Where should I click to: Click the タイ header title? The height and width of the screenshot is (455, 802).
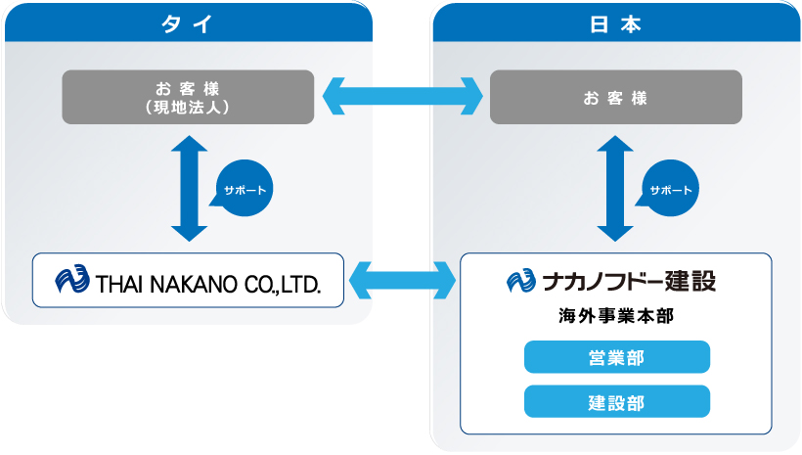(x=187, y=24)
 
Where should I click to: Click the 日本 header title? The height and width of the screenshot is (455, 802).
(x=615, y=24)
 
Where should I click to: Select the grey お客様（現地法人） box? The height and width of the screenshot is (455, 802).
(x=188, y=97)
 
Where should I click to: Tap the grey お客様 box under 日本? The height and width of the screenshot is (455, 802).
(x=616, y=97)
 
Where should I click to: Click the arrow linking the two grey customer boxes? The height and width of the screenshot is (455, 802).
(x=403, y=96)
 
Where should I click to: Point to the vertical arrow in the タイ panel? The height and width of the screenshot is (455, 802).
(x=189, y=188)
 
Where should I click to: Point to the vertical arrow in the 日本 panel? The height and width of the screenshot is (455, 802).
(x=615, y=188)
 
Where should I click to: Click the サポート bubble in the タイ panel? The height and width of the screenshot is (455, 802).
(x=243, y=188)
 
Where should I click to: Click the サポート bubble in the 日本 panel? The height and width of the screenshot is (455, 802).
(x=669, y=188)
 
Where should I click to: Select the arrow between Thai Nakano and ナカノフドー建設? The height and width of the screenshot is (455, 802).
(x=403, y=280)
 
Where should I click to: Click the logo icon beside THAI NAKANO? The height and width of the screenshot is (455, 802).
(x=72, y=279)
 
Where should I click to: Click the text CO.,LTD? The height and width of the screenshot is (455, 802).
(x=283, y=284)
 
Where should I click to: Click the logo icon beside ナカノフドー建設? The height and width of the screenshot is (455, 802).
(x=521, y=281)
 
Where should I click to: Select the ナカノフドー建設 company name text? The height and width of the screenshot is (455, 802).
(x=629, y=281)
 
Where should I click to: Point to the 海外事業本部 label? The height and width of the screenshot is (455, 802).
(x=616, y=316)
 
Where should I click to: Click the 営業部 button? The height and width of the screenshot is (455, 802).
(x=617, y=357)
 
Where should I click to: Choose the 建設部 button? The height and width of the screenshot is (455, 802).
(x=617, y=402)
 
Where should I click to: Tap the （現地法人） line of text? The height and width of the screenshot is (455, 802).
(x=187, y=107)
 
